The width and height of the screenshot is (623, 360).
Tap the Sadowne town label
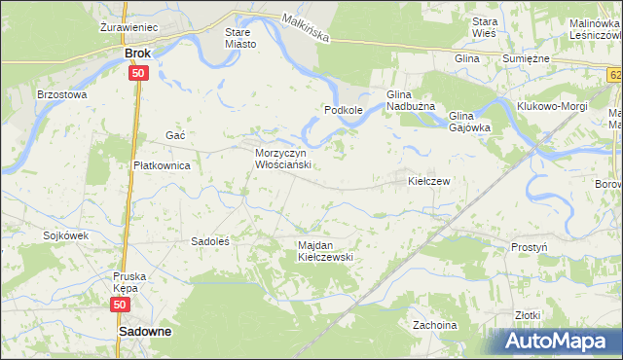pyautogui.click(x=144, y=332)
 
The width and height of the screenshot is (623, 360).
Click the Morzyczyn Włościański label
pyautogui.click(x=281, y=160)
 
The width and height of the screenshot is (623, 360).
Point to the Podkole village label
pyautogui.click(x=344, y=111)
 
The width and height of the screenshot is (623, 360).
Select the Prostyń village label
pyautogui.click(x=530, y=247)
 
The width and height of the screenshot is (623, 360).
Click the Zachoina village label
pyautogui.click(x=435, y=324)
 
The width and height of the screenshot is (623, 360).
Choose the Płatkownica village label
pyautogui.click(x=162, y=165)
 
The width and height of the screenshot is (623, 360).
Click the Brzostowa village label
pyautogui.click(x=61, y=95)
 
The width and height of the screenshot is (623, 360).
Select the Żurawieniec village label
pyautogui.click(x=129, y=28)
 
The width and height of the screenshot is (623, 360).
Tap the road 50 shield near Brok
pyautogui.click(x=138, y=73)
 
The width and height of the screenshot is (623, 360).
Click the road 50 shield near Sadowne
pyautogui.click(x=120, y=306)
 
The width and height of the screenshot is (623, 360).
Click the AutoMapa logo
pyautogui.click(x=556, y=341)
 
